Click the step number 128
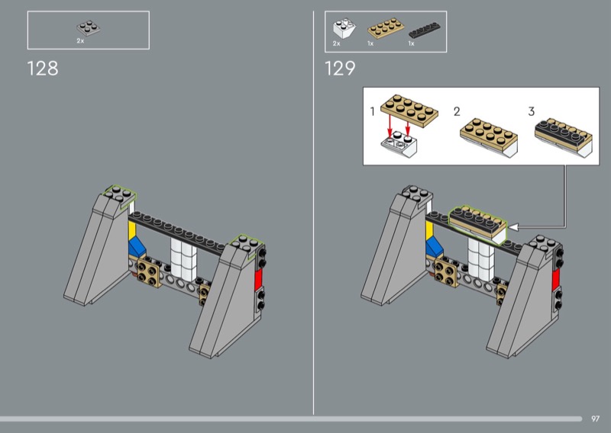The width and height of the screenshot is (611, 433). (43, 69)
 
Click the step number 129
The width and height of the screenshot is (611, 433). (340, 69)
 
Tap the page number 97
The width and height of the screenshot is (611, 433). (595, 419)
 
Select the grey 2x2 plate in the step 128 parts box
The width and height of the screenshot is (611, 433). (88, 28)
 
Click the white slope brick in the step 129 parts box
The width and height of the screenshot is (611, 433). (344, 28)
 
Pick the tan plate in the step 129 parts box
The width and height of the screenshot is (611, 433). (385, 28)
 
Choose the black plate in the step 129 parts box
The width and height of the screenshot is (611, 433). (425, 30)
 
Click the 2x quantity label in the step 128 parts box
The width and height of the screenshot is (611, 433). (80, 41)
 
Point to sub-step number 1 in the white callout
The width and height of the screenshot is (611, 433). (372, 111)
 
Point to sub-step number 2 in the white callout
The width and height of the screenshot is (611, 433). (457, 111)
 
